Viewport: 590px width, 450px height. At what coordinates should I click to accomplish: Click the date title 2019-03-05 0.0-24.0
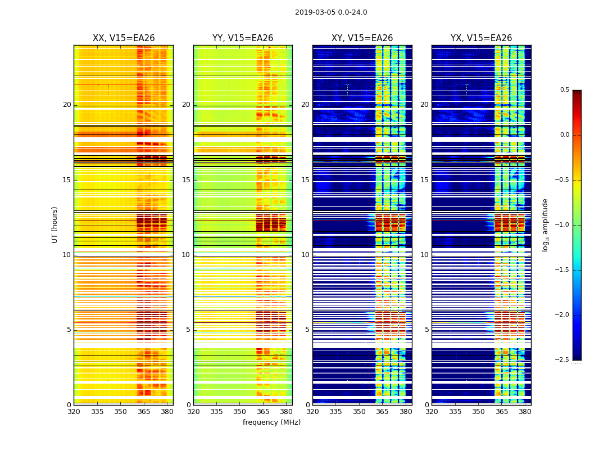(331, 12)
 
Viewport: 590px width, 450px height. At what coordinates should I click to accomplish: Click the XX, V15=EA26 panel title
(124, 38)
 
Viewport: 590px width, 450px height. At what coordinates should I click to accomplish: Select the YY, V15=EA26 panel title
(243, 38)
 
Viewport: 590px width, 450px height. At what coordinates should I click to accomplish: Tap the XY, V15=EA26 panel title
(362, 38)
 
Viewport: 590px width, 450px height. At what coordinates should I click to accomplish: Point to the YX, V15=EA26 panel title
(481, 38)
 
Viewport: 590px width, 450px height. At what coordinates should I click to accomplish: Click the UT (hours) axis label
(55, 224)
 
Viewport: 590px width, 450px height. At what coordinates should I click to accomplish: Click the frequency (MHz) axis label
(271, 422)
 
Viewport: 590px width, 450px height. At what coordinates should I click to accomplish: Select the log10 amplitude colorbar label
(545, 225)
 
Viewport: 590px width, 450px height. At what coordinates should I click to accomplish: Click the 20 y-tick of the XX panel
(67, 105)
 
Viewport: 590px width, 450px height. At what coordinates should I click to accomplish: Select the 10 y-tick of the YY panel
(186, 255)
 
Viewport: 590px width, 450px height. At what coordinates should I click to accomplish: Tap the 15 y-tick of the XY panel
(305, 180)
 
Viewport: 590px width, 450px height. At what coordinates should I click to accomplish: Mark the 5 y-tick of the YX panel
(426, 330)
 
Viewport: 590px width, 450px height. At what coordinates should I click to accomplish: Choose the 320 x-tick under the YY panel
(193, 412)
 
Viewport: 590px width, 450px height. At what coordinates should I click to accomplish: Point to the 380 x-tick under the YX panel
(525, 412)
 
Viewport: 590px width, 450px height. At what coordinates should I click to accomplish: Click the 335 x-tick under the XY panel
(336, 412)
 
